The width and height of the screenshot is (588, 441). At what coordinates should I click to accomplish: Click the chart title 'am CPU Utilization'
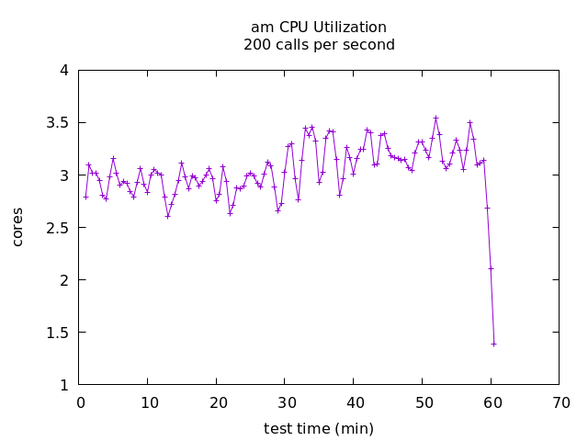pyautogui.click(x=319, y=28)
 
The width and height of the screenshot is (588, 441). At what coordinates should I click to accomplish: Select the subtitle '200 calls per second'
pyautogui.click(x=319, y=45)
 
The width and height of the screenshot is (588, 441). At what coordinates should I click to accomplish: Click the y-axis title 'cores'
pyautogui.click(x=18, y=227)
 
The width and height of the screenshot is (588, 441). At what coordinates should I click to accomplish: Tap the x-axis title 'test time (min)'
pyautogui.click(x=319, y=428)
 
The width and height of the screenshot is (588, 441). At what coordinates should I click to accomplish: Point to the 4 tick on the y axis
pyautogui.click(x=63, y=71)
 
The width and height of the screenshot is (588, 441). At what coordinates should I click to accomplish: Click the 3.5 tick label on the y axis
pyautogui.click(x=57, y=123)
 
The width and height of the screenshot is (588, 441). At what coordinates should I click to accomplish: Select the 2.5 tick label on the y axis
pyautogui.click(x=57, y=228)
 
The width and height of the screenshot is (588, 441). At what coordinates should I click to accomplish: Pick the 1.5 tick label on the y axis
pyautogui.click(x=57, y=333)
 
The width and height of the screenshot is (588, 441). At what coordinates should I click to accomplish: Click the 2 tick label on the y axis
pyautogui.click(x=63, y=280)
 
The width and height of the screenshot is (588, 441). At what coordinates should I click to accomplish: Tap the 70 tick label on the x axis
pyautogui.click(x=560, y=402)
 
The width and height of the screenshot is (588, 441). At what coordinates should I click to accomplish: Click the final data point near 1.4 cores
pyautogui.click(x=493, y=344)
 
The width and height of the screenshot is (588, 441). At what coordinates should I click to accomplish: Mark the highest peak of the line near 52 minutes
pyautogui.click(x=435, y=118)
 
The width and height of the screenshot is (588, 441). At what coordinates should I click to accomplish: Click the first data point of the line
pyautogui.click(x=85, y=197)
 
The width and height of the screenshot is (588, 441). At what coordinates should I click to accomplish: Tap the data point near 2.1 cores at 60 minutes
pyautogui.click(x=491, y=268)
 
